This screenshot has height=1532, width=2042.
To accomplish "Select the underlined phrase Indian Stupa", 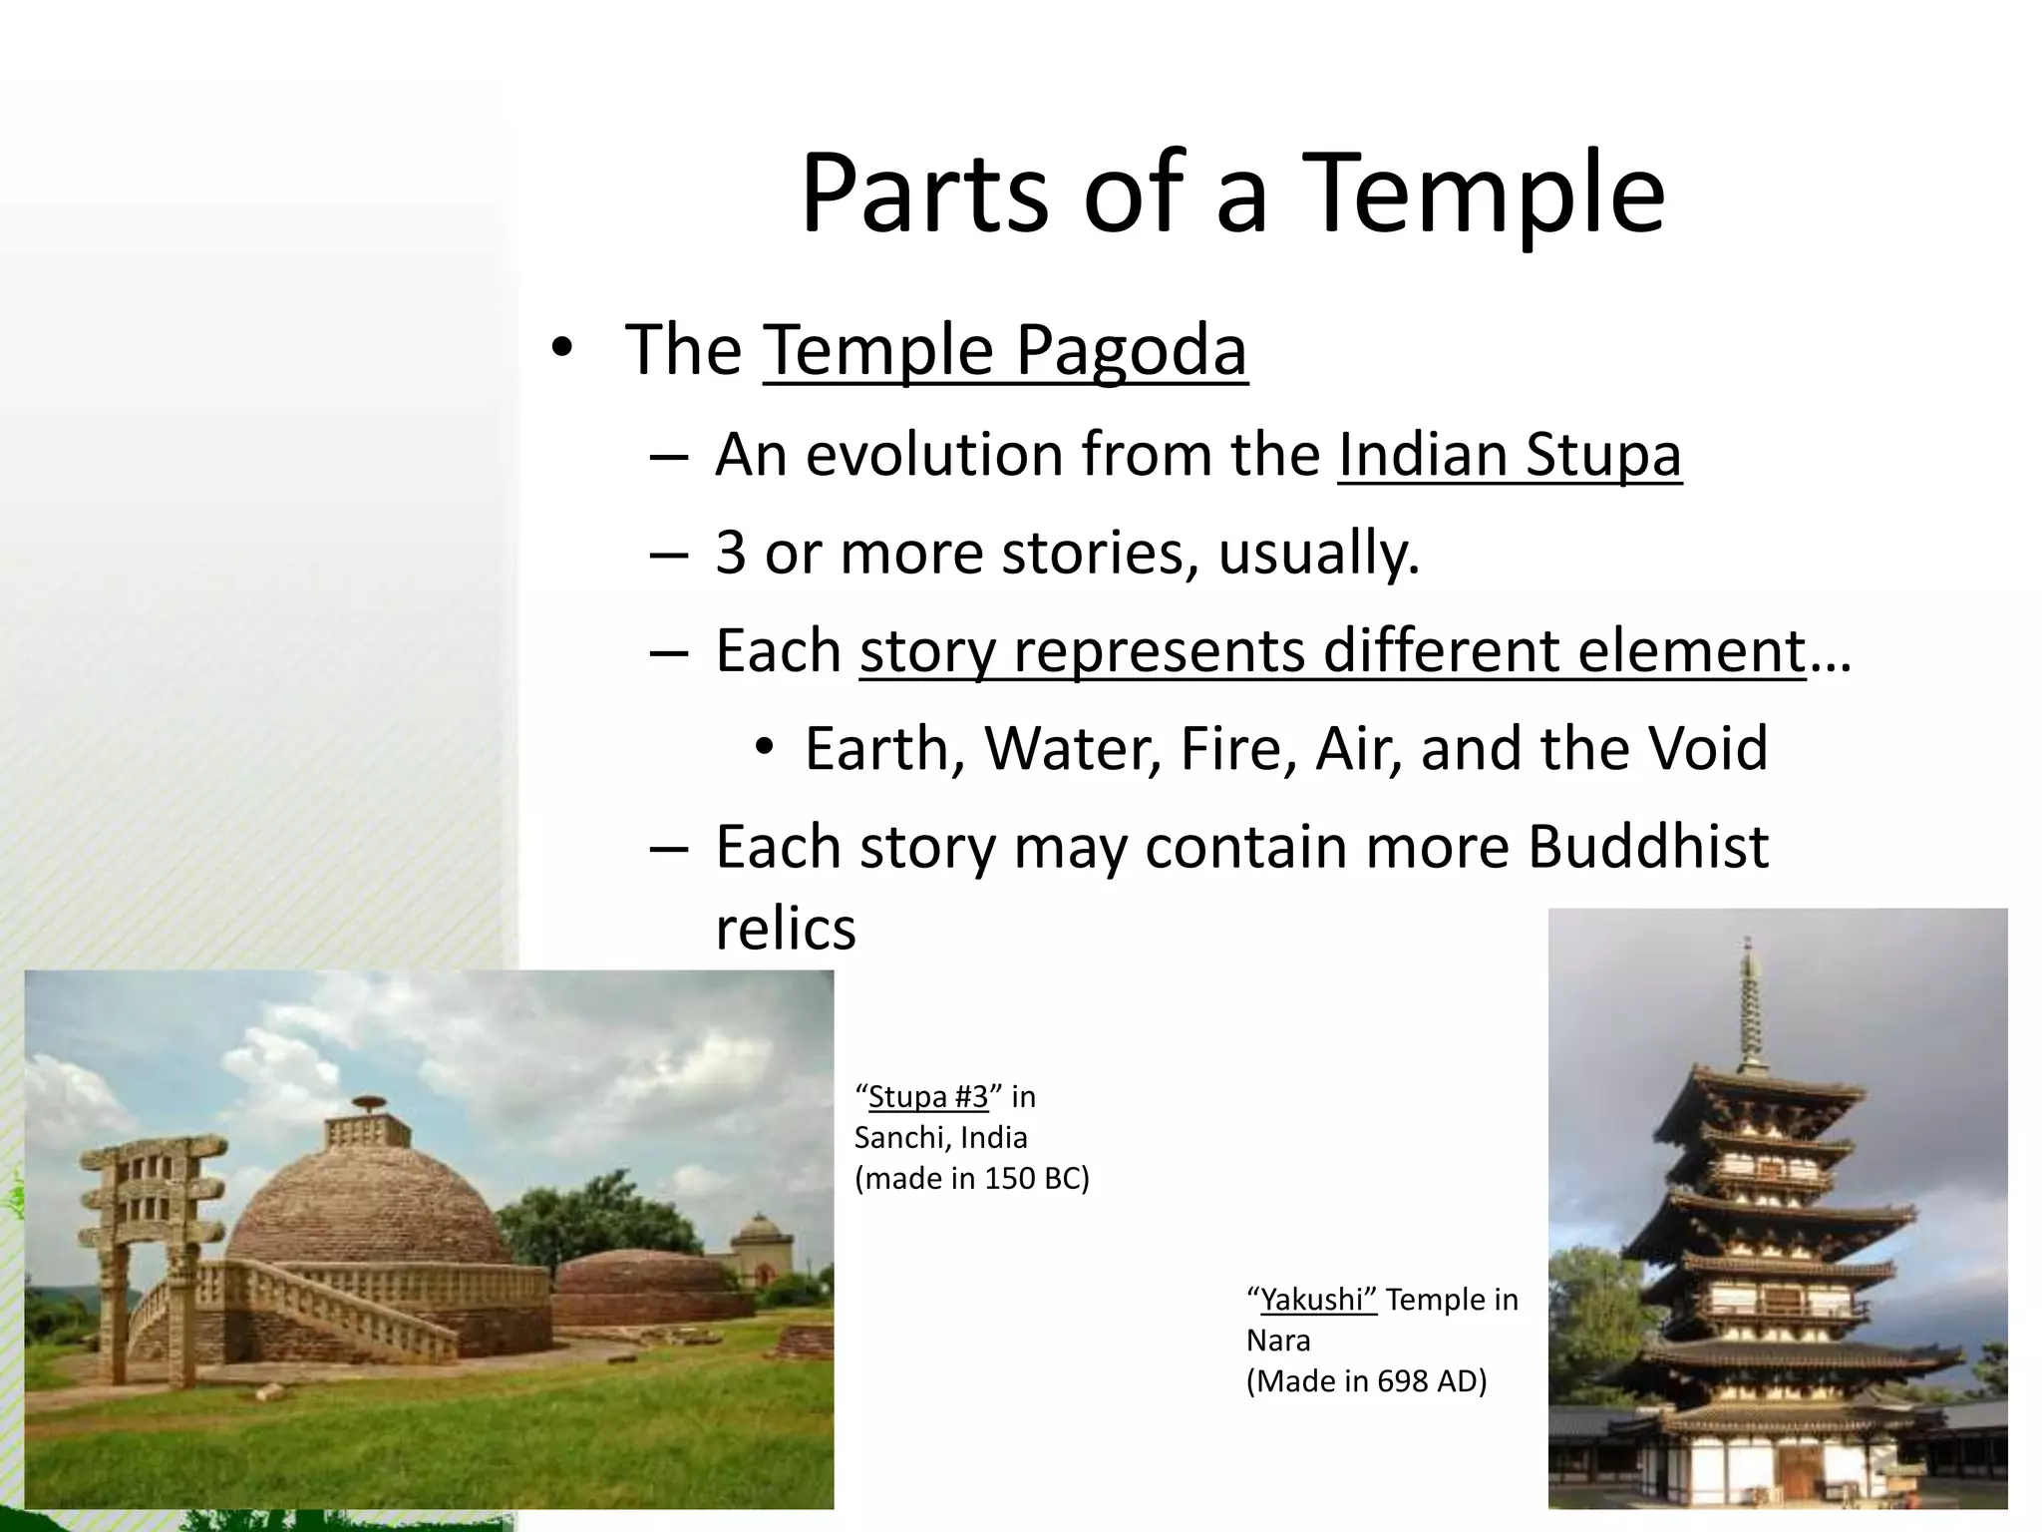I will [x=1509, y=455].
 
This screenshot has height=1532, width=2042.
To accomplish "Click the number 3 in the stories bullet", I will [x=730, y=553].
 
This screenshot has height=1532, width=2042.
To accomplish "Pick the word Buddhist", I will [x=1647, y=847].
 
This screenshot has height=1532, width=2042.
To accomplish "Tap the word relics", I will [x=786, y=929].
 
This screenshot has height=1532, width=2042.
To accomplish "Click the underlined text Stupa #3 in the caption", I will [x=927, y=1097].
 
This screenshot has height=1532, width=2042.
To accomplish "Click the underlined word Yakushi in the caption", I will [x=1317, y=1300].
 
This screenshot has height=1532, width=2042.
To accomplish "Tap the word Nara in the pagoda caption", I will [x=1278, y=1340].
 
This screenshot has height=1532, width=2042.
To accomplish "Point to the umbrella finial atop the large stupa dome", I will [x=368, y=1104].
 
